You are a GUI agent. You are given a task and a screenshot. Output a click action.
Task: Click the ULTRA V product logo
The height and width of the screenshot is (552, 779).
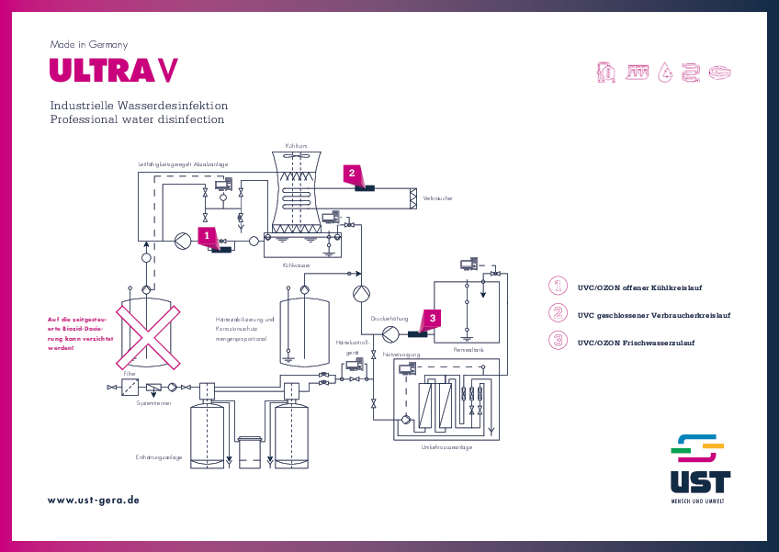click(113, 71)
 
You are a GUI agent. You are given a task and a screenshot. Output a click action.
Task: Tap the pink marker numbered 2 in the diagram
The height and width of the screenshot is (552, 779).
click(350, 172)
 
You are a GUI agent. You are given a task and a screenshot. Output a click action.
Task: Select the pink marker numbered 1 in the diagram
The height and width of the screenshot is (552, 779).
click(208, 235)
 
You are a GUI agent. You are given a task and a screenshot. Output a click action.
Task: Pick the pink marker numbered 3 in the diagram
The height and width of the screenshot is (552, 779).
click(434, 316)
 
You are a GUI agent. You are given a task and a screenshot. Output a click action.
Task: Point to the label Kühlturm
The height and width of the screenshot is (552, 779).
click(296, 145)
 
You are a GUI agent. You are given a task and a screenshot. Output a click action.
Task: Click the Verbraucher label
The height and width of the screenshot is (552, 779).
click(437, 197)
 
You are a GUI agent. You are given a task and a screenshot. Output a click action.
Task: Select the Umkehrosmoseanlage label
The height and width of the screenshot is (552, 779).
click(446, 447)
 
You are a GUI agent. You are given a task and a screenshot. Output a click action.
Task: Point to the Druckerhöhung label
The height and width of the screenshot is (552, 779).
click(389, 318)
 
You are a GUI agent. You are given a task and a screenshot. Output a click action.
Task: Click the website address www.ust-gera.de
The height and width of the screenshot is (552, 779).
click(94, 500)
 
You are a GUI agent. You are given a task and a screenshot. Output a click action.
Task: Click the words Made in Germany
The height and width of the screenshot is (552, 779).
click(88, 44)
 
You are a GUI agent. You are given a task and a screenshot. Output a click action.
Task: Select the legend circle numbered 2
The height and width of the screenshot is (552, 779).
click(558, 312)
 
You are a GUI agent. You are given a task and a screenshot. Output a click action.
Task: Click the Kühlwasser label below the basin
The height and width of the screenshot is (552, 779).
click(296, 265)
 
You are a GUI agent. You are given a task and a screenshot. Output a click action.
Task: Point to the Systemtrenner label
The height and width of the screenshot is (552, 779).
click(152, 402)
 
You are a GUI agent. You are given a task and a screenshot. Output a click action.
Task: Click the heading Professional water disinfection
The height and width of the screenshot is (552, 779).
click(137, 120)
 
